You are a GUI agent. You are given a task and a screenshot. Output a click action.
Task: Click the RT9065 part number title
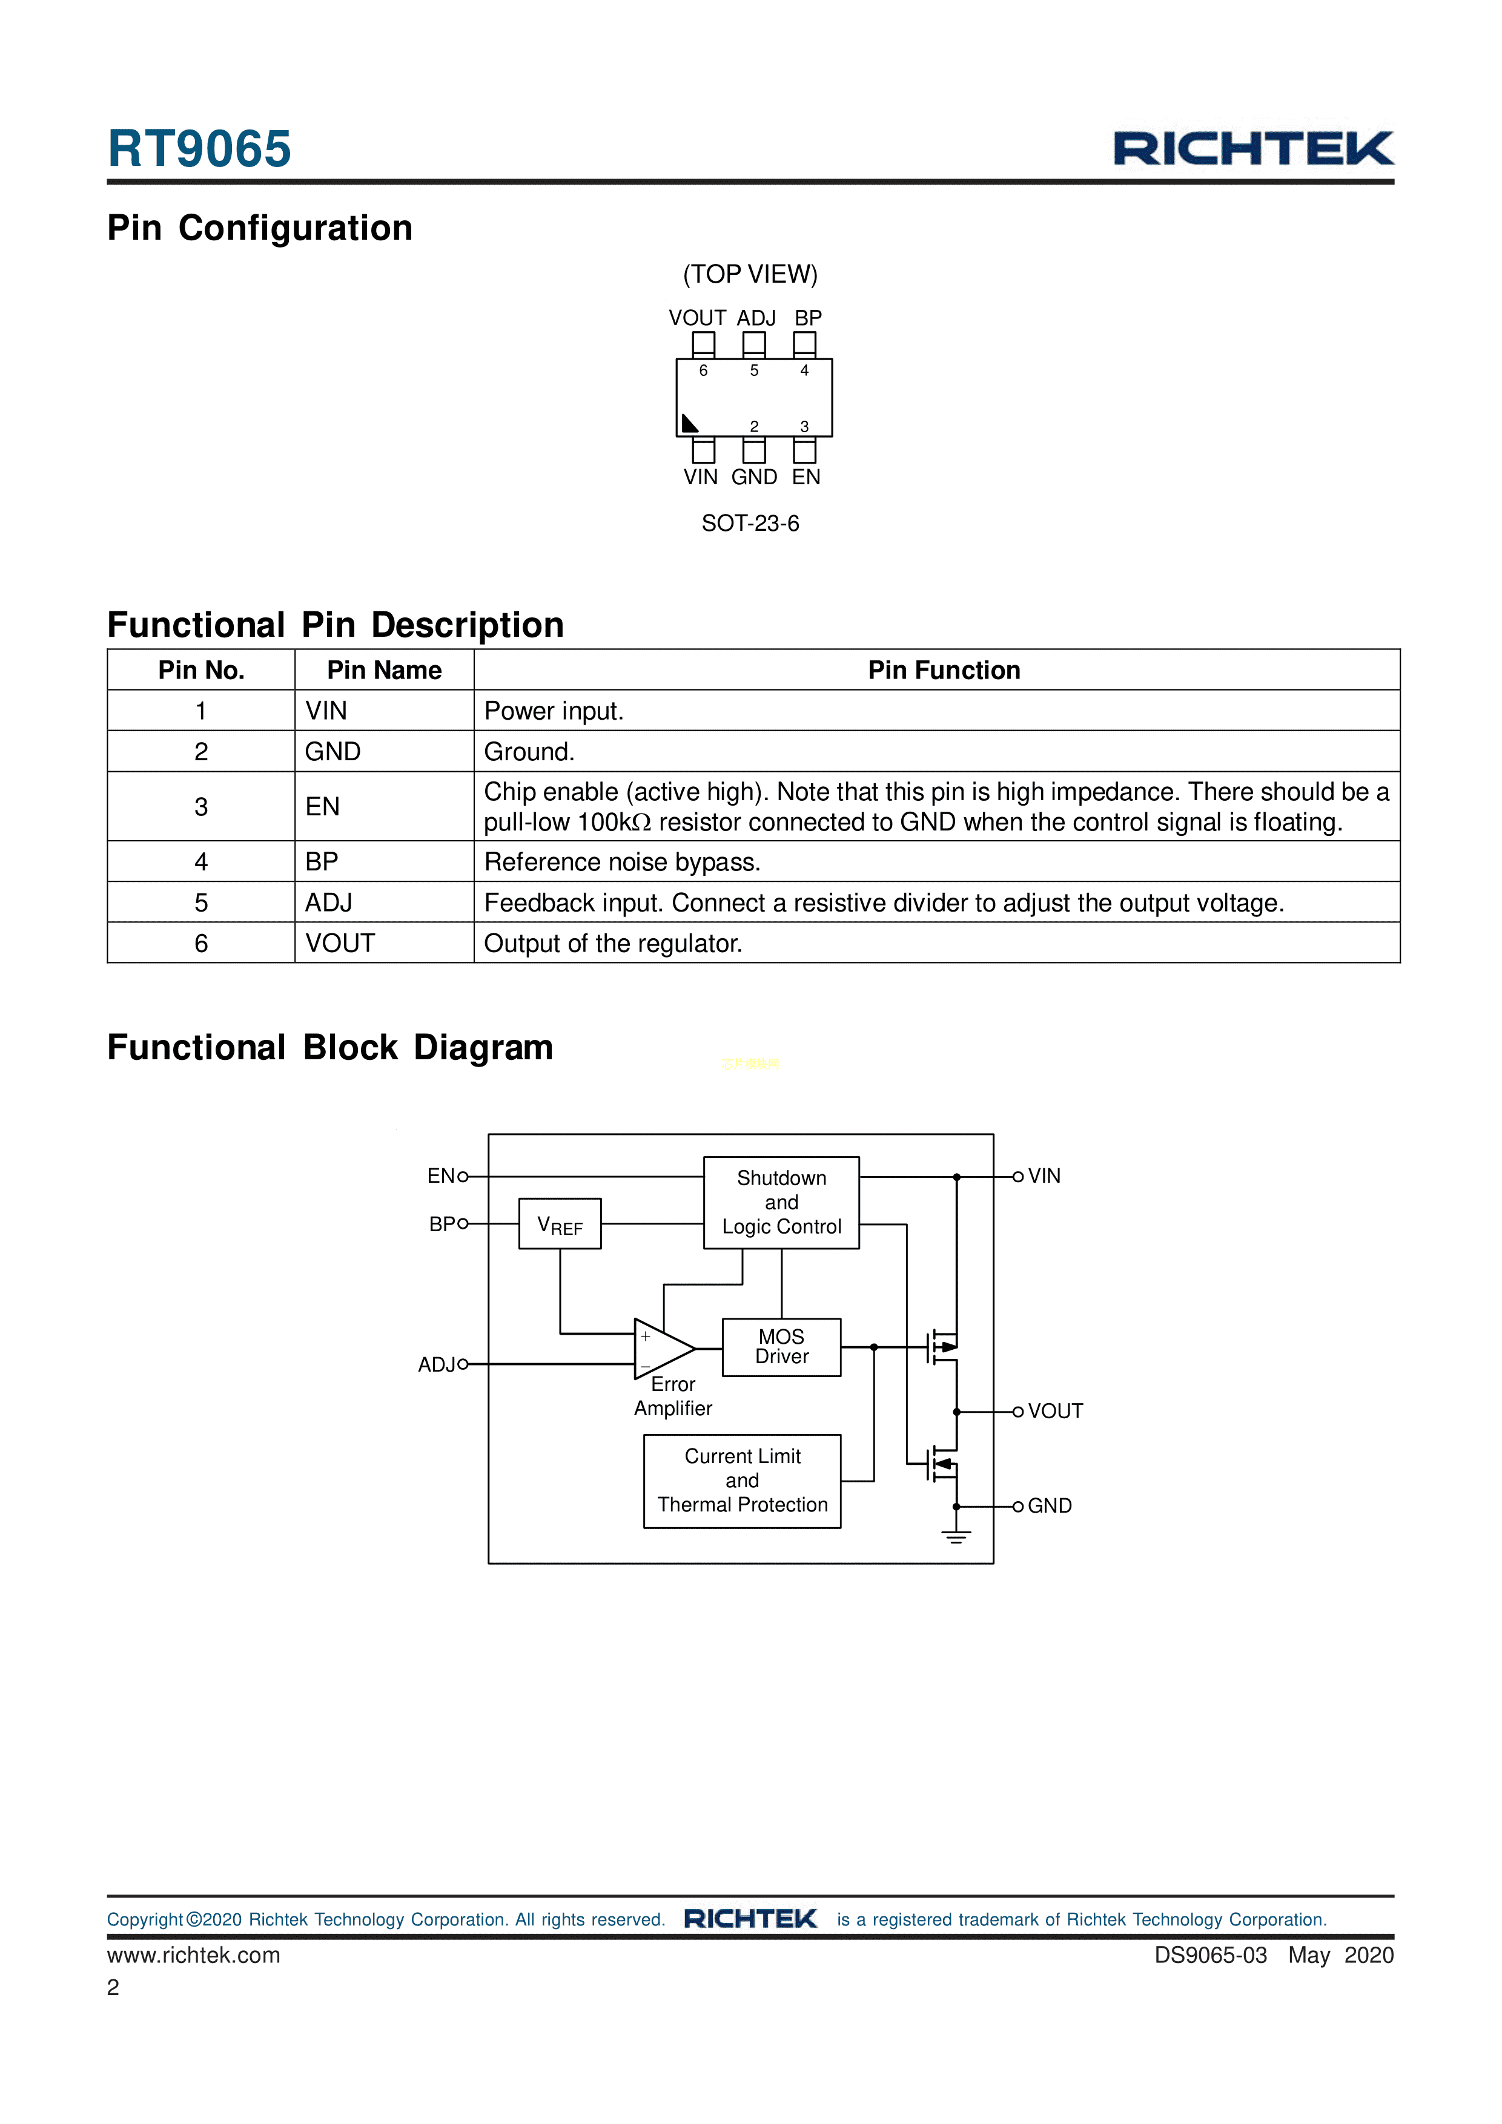(x=199, y=149)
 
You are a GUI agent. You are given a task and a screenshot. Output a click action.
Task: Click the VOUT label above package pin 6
(x=697, y=318)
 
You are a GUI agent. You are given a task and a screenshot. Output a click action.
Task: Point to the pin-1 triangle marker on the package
(x=689, y=424)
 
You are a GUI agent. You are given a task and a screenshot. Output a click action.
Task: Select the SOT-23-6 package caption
(x=750, y=524)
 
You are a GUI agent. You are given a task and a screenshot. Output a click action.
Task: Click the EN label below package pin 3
(x=806, y=478)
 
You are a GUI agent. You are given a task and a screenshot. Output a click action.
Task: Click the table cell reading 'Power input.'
(x=554, y=711)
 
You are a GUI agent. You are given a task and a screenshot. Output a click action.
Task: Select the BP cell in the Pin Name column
(x=322, y=861)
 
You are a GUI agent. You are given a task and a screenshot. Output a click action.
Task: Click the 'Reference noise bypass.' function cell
(x=622, y=861)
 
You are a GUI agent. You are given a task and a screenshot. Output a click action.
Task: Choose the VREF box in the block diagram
(x=560, y=1224)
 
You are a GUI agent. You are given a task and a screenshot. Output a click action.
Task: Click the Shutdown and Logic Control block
(x=781, y=1203)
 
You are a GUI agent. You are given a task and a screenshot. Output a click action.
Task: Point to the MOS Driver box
(x=781, y=1347)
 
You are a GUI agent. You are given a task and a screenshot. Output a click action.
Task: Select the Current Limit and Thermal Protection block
(x=742, y=1480)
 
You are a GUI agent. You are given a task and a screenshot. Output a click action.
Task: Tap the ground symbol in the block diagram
(x=956, y=1537)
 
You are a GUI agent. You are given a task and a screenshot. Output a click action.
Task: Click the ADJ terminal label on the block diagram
(x=437, y=1364)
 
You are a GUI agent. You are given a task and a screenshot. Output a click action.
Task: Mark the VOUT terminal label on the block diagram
(x=1055, y=1411)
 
